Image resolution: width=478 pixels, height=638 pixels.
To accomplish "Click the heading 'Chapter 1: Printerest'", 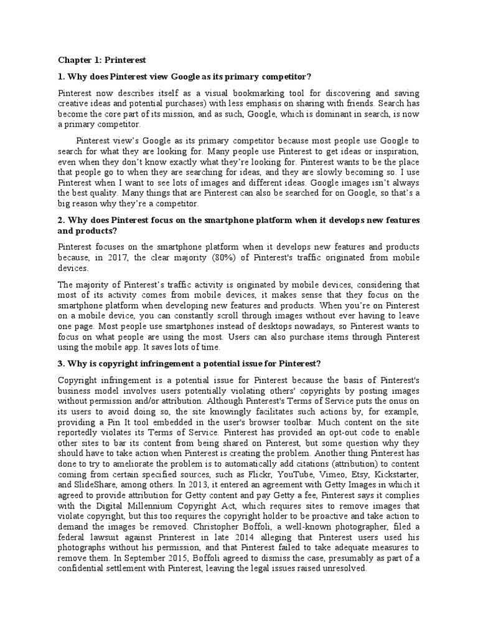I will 102,60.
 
